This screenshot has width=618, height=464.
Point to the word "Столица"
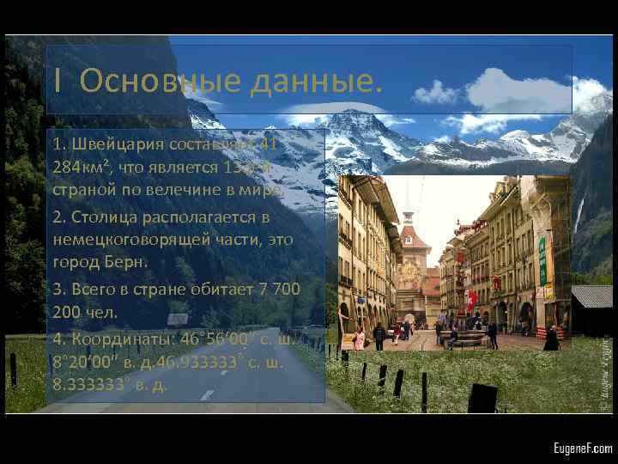tap(105, 219)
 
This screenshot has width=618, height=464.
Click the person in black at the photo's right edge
tap(551, 339)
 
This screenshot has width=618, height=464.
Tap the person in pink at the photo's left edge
tap(359, 338)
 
